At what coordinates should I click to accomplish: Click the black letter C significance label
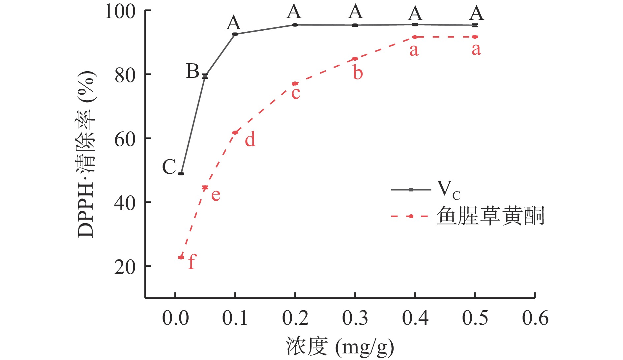169,167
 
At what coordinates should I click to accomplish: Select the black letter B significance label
193,71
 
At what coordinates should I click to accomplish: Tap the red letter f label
192,262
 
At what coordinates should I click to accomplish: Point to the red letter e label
216,195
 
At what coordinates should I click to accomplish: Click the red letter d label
250,139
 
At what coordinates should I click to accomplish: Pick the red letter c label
296,93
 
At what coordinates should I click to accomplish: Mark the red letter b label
358,73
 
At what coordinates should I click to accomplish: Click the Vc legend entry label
448,190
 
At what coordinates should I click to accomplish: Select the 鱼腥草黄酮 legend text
490,216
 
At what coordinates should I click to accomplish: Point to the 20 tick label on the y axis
125,267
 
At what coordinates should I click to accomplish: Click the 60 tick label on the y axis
125,139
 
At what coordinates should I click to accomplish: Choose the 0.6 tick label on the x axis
535,318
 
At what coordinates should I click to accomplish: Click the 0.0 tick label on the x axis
175,318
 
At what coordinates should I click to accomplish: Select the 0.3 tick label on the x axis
355,318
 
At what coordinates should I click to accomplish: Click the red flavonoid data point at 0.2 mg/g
295,84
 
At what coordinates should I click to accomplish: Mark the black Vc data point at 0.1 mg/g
235,34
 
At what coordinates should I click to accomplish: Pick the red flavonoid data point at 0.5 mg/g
475,37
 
